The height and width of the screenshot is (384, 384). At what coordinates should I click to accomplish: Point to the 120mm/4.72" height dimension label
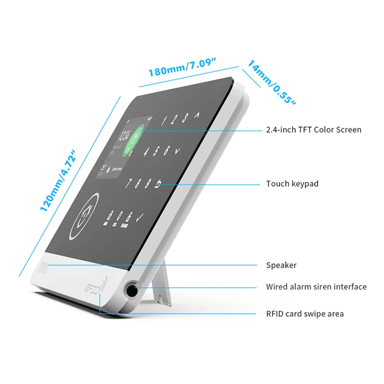point(59,180)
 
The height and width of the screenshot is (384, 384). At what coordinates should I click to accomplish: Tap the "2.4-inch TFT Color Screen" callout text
point(313,130)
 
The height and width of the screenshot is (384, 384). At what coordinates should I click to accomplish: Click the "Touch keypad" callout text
point(292,184)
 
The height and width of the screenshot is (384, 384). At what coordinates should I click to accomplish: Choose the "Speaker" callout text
point(281,265)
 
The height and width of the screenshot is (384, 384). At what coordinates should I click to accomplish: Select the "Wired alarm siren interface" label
point(316,287)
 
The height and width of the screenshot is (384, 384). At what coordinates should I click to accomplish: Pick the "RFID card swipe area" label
point(305,314)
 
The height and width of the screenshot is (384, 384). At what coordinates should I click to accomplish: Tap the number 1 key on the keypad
point(164,120)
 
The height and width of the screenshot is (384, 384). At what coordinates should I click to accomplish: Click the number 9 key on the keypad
point(148,183)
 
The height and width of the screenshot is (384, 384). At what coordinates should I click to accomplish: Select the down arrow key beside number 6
point(177,150)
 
